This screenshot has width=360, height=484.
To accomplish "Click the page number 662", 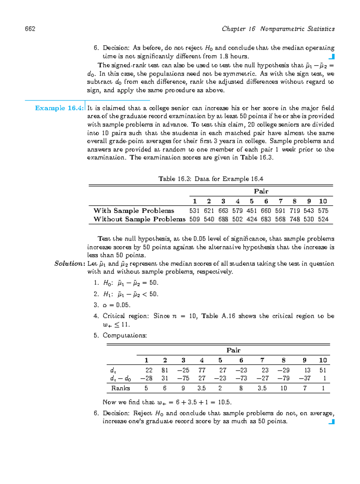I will pyautogui.click(x=30, y=29).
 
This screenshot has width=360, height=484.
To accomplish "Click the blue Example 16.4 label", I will pyautogui.click(x=59, y=108).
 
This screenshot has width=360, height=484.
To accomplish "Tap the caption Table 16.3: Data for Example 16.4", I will pyautogui.click(x=211, y=179).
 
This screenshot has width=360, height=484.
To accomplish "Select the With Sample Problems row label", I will pyautogui.click(x=134, y=211).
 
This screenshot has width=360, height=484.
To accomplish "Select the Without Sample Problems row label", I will pyautogui.click(x=139, y=219).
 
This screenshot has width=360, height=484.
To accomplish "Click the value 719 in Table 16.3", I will pyautogui.click(x=295, y=211).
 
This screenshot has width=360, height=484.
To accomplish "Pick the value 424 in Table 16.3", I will pyautogui.click(x=252, y=219).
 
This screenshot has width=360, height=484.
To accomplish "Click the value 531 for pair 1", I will pyautogui.click(x=194, y=211).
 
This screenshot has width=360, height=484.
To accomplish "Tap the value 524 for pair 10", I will pyautogui.click(x=323, y=219).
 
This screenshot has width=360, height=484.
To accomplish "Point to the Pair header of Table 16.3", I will pyautogui.click(x=261, y=191).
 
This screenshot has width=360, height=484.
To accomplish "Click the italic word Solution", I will pyautogui.click(x=69, y=264).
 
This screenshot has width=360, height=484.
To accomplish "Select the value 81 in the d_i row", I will pyautogui.click(x=165, y=370).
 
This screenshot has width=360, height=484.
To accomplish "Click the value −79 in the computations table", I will pyautogui.click(x=283, y=378).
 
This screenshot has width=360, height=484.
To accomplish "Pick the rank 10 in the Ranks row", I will pyautogui.click(x=283, y=388).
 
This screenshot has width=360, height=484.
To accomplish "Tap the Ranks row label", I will pyautogui.click(x=121, y=388).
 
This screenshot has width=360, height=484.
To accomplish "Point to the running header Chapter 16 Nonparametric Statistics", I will pyautogui.click(x=278, y=29).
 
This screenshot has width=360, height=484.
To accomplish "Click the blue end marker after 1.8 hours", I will pyautogui.click(x=331, y=57).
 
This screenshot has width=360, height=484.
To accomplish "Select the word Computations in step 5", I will pyautogui.click(x=124, y=335).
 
